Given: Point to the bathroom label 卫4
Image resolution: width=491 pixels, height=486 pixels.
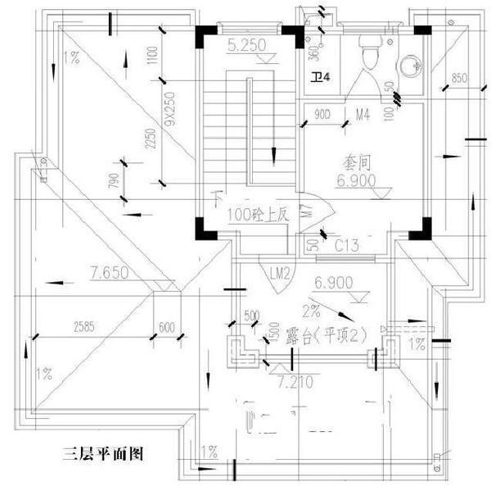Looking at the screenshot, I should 320,77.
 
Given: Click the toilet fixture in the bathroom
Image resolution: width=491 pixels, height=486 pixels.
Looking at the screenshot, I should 369,56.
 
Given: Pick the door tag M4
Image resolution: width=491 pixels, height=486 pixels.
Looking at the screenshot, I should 363,115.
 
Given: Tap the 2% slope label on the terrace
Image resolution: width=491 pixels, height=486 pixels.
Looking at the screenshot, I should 311,311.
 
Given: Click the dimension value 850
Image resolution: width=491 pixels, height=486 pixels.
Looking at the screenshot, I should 457,78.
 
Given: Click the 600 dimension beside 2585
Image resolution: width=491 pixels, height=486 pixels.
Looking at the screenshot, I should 167,327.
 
